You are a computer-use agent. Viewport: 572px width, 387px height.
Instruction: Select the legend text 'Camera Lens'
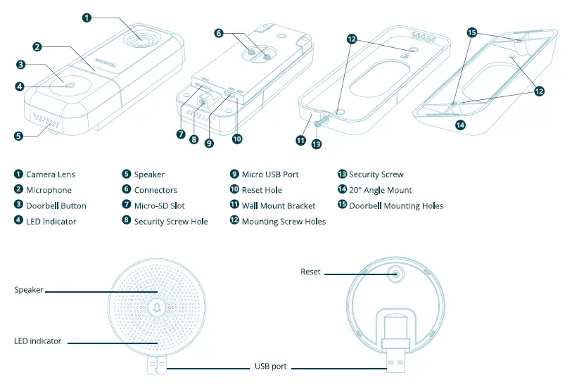(50, 174)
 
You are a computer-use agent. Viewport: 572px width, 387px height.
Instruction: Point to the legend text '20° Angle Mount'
(380, 190)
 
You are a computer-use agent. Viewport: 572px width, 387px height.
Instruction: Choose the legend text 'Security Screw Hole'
(171, 222)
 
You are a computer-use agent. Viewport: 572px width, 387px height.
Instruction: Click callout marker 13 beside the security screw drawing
(315, 144)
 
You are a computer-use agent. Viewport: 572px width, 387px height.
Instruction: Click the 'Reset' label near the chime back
(310, 272)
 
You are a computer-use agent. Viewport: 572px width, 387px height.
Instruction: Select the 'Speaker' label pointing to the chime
(29, 290)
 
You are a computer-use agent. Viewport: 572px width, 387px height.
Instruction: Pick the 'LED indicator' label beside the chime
(37, 341)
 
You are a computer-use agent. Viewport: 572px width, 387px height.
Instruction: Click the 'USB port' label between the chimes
(270, 367)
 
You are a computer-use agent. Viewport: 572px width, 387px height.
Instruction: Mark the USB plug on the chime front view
(158, 365)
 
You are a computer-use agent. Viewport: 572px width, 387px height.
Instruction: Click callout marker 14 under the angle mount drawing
(460, 126)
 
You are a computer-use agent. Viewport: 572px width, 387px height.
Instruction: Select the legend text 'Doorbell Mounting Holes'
(396, 205)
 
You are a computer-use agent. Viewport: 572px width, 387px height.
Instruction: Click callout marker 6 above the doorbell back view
(218, 32)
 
